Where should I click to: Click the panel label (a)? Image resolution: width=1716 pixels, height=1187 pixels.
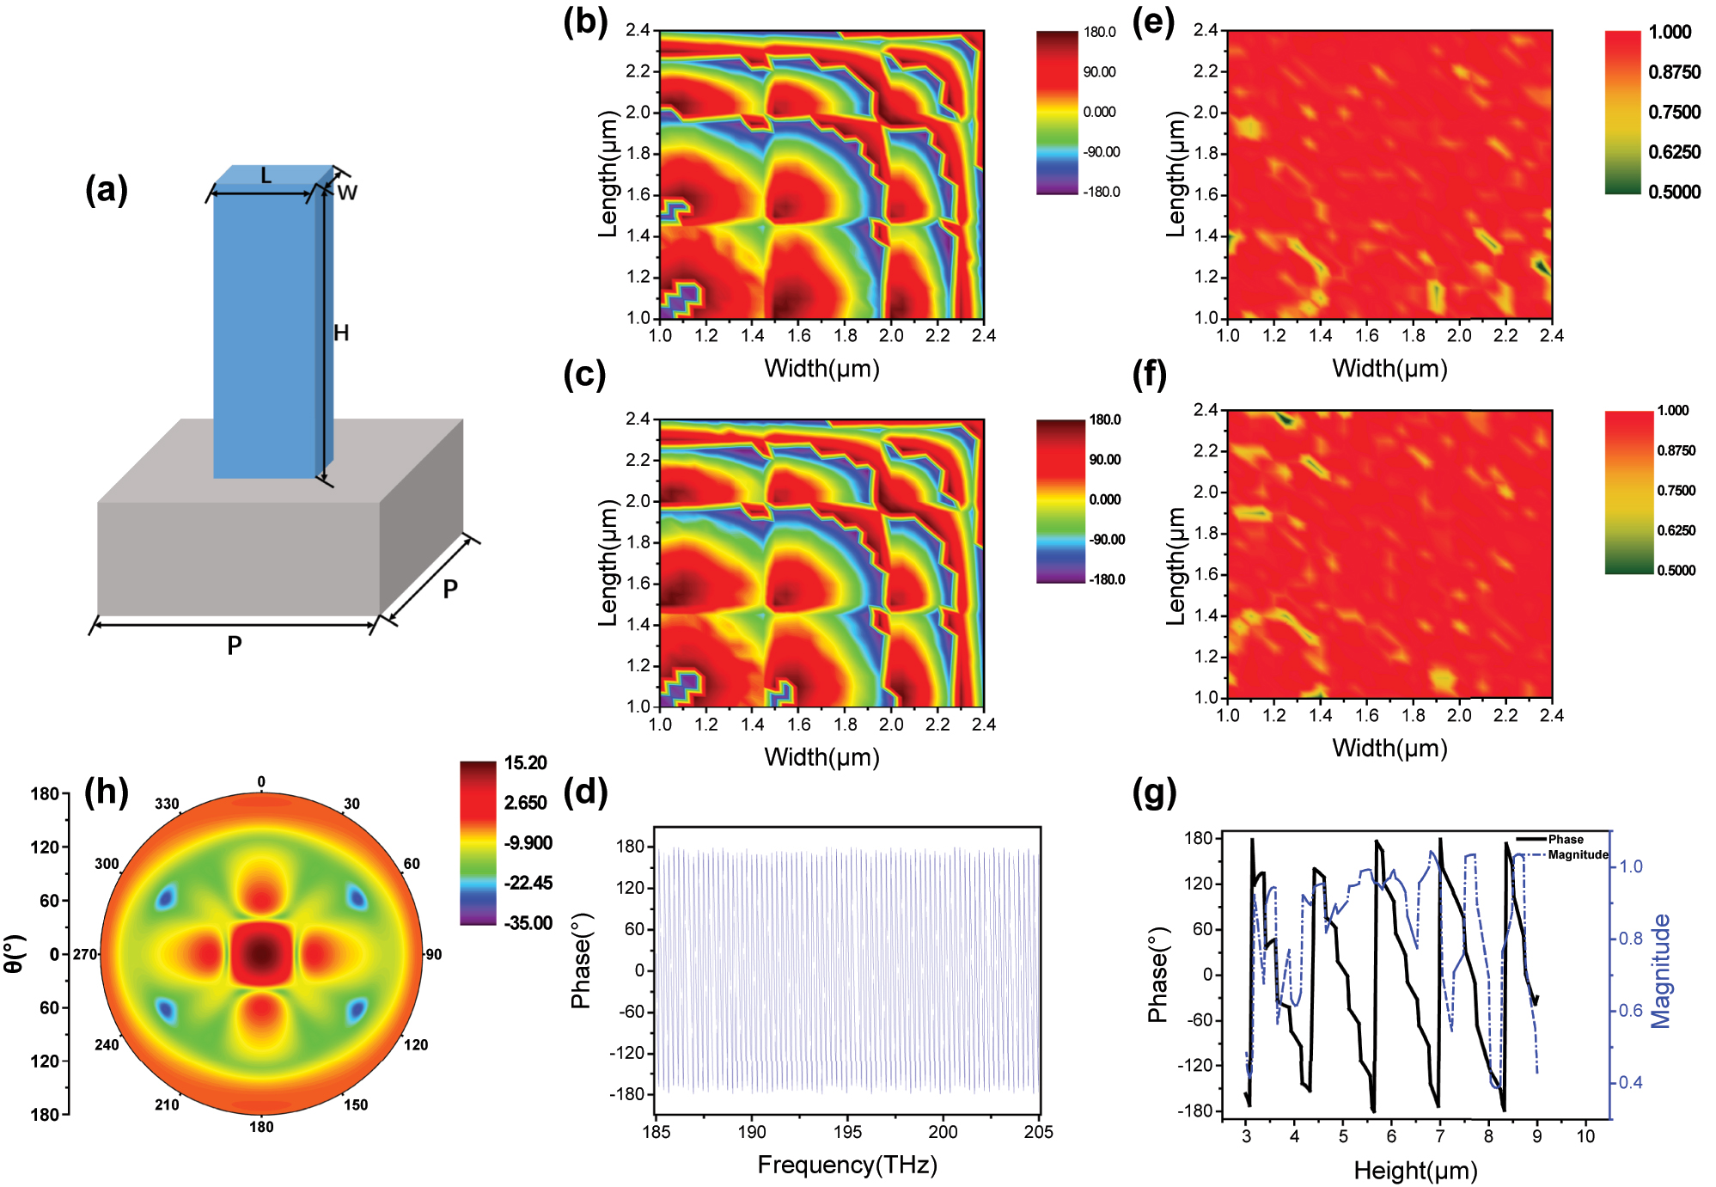pos(107,189)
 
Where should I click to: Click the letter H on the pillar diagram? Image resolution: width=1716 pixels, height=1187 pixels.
pos(341,333)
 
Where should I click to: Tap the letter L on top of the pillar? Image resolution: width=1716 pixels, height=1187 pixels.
pos(266,176)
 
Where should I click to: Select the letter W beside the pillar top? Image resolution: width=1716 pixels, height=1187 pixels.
pos(347,193)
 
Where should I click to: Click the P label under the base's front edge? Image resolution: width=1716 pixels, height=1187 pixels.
pos(234,645)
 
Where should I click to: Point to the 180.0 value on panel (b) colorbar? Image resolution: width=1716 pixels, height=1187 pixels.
pos(1099,33)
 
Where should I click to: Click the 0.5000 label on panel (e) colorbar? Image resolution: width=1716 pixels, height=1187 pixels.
pos(1674,192)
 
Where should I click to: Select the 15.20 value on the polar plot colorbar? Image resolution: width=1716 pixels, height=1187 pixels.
pos(525,763)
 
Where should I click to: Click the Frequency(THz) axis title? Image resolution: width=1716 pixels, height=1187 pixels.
pos(846,1165)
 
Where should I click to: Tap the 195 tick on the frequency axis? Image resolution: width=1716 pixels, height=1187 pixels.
pos(847,1132)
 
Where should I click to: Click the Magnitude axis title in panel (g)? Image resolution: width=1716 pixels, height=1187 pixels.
pos(1661,970)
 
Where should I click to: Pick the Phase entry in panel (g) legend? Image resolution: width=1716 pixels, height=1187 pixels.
pos(1565,839)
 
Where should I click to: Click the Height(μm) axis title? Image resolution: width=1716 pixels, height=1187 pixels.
pos(1414,1170)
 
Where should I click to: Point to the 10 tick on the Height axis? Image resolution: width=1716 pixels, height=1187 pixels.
pos(1585,1136)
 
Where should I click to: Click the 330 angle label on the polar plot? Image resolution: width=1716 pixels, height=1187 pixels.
pos(167,804)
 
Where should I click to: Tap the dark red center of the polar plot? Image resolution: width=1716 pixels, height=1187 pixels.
pos(262,952)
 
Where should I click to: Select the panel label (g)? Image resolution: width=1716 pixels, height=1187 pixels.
pos(1154,792)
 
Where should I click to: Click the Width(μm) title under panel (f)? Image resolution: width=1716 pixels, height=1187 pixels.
pos(1389,748)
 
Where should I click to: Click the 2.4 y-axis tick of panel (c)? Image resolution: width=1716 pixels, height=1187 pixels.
pos(638,419)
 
